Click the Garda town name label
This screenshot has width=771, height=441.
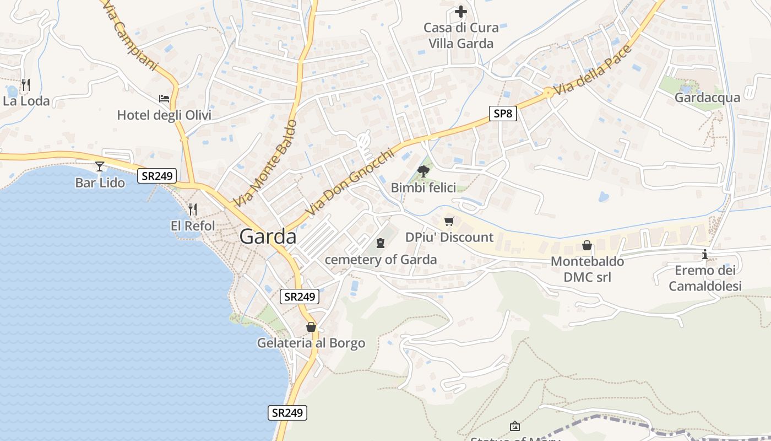click(x=268, y=236)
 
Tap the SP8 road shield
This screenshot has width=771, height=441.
click(x=502, y=114)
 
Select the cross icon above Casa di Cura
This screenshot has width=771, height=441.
click(x=461, y=11)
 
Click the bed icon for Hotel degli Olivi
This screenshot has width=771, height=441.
click(x=164, y=99)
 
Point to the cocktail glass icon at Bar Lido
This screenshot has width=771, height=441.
click(x=100, y=165)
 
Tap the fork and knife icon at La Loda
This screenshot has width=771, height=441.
click(x=25, y=84)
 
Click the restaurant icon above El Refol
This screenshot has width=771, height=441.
click(x=192, y=209)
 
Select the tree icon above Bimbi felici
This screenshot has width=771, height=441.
click(x=423, y=171)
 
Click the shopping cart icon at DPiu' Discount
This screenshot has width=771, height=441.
click(x=449, y=221)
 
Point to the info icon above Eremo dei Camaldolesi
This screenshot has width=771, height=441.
click(x=705, y=254)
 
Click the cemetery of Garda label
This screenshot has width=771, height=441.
click(x=381, y=260)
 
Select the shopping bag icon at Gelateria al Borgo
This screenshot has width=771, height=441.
click(x=311, y=327)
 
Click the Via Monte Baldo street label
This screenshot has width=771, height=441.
click(x=265, y=163)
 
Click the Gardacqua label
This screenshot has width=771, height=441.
click(x=707, y=98)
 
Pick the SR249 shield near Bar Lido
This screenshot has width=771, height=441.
click(x=158, y=176)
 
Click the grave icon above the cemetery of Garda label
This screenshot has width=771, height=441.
click(x=380, y=243)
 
